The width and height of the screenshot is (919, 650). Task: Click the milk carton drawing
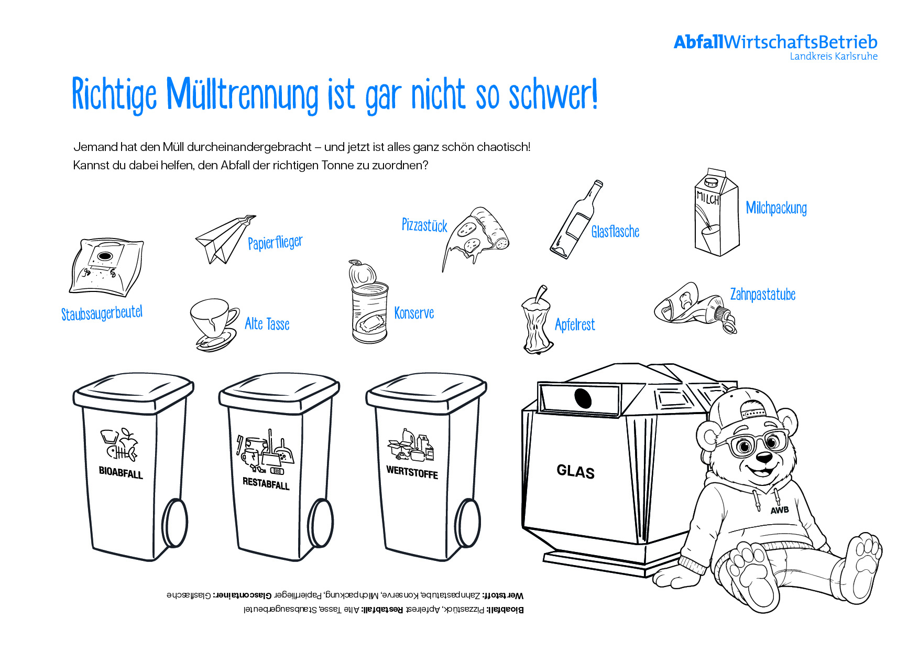(716, 212)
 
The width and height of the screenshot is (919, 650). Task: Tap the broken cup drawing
(214, 324)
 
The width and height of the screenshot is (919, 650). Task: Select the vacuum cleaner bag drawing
(106, 268)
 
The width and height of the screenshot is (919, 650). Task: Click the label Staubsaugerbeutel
(102, 313)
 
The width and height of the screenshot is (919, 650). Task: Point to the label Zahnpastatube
(763, 295)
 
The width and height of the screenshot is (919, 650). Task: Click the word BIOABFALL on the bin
(121, 472)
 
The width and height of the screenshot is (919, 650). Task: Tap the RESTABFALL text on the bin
(266, 483)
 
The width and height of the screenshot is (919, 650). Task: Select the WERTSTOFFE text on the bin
(412, 472)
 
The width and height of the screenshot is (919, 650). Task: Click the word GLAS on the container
(576, 471)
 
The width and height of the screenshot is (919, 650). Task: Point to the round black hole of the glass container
(583, 398)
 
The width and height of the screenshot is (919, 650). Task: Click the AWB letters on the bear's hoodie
(780, 510)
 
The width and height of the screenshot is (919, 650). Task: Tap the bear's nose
(765, 459)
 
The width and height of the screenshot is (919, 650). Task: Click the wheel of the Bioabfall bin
(174, 523)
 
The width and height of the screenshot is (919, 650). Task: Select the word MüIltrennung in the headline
(243, 95)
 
